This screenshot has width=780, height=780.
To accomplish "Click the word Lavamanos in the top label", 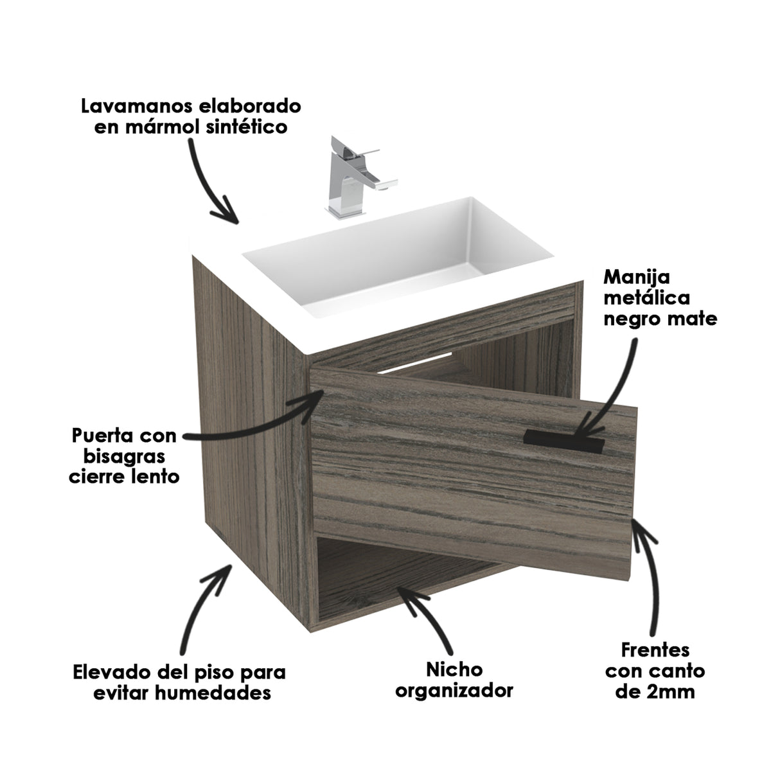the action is tap(136, 106).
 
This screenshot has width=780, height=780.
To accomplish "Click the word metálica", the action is tap(647, 298).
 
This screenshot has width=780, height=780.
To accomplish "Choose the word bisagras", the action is tap(124, 457).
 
